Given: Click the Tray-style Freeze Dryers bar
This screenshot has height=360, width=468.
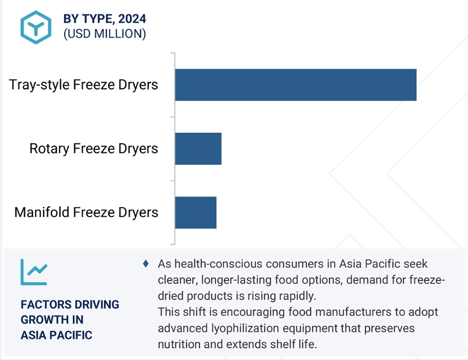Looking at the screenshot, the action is point(296,85).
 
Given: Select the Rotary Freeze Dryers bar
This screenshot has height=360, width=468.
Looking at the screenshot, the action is point(198,149).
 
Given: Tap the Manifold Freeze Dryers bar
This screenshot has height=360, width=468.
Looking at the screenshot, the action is point(196,213).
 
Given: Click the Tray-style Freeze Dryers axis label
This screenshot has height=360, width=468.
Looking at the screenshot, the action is point(83,85).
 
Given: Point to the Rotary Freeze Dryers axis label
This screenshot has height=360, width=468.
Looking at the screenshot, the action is point(93,149).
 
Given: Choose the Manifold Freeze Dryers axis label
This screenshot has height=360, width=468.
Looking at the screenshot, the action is point(86,213).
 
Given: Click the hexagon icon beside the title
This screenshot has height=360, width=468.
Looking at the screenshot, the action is point(36,27).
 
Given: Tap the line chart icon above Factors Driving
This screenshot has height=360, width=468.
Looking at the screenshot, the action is point(34,272).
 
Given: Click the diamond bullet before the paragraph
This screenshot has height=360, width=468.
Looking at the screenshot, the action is point(146,264).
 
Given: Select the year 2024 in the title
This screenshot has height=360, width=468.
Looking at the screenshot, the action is point(132,19).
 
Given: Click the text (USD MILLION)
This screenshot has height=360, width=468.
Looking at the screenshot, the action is point(105,34).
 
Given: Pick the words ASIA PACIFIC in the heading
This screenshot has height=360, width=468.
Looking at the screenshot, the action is point(57,335).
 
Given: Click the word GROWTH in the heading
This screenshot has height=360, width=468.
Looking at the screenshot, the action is point(42,320).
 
